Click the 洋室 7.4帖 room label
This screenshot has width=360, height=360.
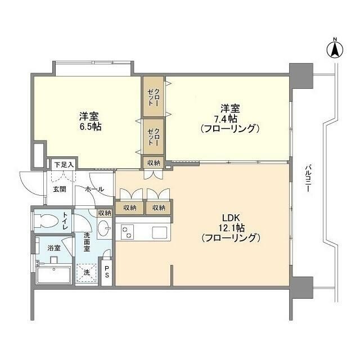[x=230, y=118]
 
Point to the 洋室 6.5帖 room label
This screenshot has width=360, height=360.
[x=89, y=121]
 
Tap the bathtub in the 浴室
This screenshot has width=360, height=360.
[x=53, y=276]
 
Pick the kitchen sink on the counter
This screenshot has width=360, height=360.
[x=158, y=231]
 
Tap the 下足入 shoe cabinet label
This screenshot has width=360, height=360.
[x=65, y=165]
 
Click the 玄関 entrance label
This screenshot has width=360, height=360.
[x=60, y=189]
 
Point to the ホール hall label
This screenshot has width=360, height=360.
[x=94, y=189]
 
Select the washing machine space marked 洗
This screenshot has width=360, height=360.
[x=87, y=272]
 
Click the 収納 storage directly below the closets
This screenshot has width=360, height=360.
[x=153, y=163]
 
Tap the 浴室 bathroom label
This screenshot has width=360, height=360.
[x=54, y=247]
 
